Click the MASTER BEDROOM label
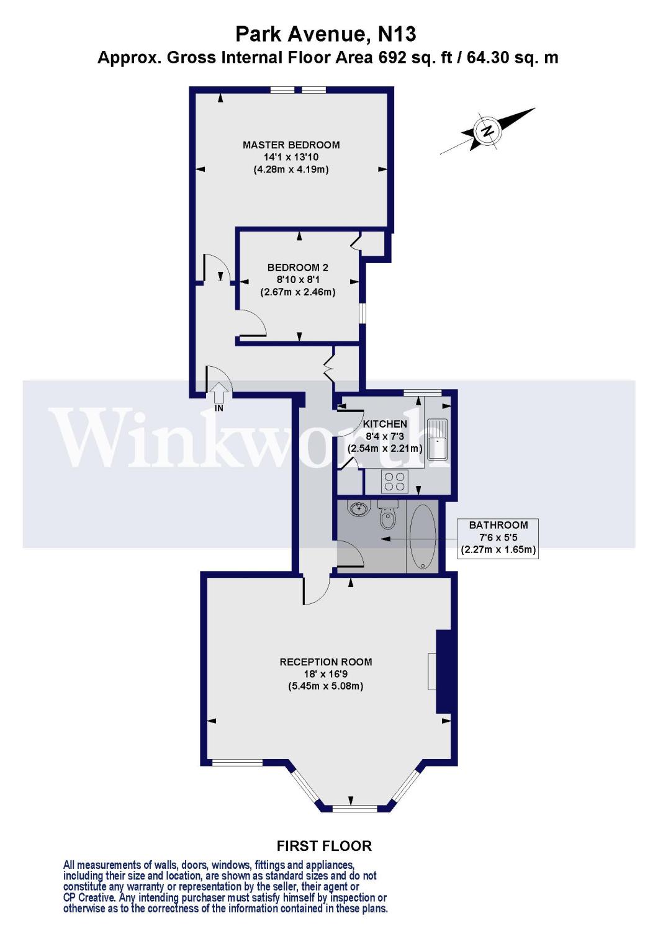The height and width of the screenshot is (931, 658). [x=291, y=145]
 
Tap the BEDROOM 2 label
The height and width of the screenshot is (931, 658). [x=297, y=268]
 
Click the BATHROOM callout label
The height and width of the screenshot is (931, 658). [x=498, y=525]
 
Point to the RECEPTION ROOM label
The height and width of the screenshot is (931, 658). [x=326, y=662]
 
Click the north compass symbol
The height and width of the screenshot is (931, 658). [x=487, y=131]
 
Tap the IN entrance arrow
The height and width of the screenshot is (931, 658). [x=219, y=395]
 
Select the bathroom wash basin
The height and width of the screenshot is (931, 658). [x=358, y=510]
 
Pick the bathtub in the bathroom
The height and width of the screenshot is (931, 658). [x=423, y=536]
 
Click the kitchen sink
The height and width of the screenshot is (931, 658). [x=438, y=438]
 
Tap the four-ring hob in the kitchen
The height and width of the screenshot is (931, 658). [x=394, y=481]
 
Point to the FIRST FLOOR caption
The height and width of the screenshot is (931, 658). [x=324, y=846]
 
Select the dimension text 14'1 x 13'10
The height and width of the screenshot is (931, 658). [x=291, y=157]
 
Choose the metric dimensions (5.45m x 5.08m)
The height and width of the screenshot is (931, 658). [x=326, y=686]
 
